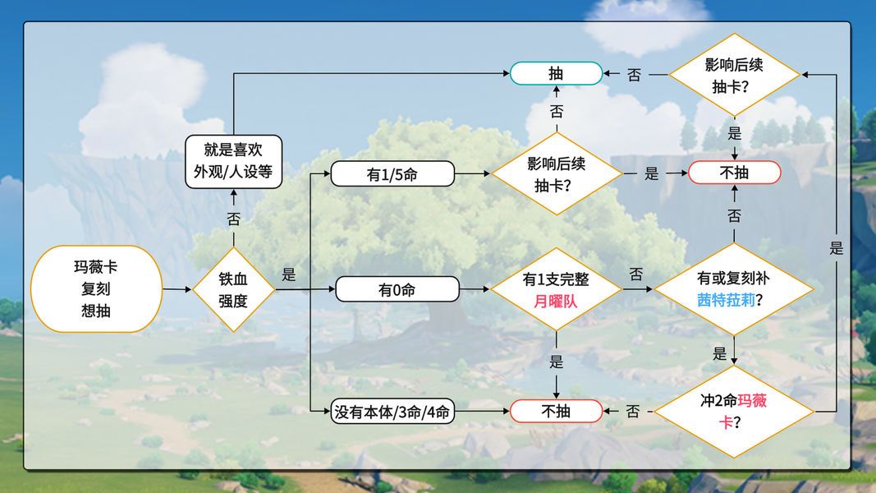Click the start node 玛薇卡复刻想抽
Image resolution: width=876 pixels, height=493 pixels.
(x=96, y=289)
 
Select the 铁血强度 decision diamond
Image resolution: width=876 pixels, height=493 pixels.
(x=233, y=289)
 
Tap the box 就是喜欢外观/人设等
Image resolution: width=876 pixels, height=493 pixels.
(x=233, y=162)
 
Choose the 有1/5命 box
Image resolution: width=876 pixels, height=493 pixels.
(x=392, y=174)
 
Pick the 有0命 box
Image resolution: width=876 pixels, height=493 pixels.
(x=397, y=289)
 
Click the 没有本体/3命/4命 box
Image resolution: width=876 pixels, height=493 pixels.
(x=392, y=412)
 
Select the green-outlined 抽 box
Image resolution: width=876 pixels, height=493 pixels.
(x=556, y=73)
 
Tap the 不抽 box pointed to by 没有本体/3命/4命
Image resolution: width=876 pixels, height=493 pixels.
(x=556, y=412)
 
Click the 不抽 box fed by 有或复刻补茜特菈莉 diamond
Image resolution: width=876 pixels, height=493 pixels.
(x=734, y=173)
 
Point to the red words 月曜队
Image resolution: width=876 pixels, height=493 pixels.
(x=555, y=302)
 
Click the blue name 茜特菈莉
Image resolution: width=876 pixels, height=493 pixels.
(x=726, y=300)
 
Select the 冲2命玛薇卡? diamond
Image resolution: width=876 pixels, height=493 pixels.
(x=734, y=412)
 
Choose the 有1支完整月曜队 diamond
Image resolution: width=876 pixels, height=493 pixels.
(x=556, y=289)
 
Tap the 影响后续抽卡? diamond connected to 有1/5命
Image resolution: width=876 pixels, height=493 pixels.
(x=557, y=173)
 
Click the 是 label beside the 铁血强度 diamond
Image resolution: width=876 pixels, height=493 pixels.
(x=289, y=274)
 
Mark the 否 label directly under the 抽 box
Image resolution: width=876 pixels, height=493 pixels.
(x=557, y=112)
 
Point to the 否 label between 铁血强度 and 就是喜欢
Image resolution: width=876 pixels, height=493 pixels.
(x=233, y=219)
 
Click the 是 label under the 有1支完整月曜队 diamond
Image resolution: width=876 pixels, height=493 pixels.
(x=557, y=362)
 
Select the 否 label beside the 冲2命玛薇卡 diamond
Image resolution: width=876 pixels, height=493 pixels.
(x=633, y=412)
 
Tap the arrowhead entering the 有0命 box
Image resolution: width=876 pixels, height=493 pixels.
(x=332, y=289)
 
